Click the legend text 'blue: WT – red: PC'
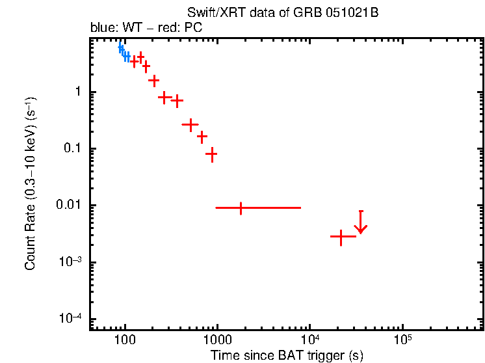pos(147,29)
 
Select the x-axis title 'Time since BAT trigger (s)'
pos(287,355)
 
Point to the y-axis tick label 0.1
pos(73,149)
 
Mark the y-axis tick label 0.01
pos(70,206)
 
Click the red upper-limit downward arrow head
pos(361,229)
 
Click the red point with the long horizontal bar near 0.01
pos(241,208)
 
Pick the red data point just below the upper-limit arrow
pos(341,237)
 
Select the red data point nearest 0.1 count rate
pos(211,154)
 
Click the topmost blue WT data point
pos(120,47)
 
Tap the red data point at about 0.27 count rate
pos(190,124)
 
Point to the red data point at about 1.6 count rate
pos(154,81)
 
